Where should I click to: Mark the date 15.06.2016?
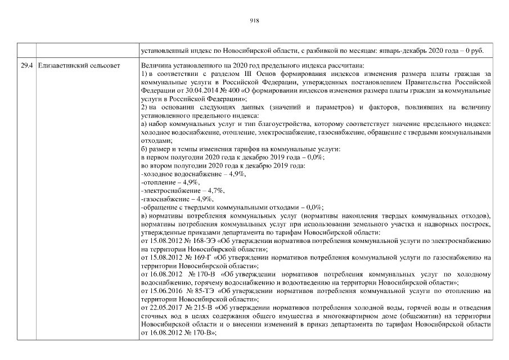164,291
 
